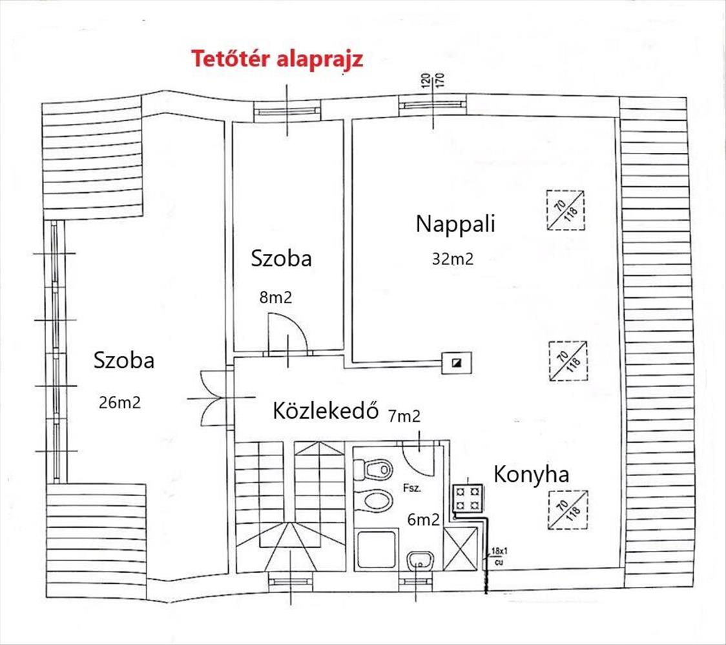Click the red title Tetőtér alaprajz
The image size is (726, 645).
[x=276, y=59]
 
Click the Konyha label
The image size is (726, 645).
[x=531, y=475]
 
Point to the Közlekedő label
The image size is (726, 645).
[x=325, y=411]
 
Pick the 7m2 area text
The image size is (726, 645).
[x=405, y=416]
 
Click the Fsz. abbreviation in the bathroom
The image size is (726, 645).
[x=411, y=488]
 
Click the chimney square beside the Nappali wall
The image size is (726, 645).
[x=457, y=362]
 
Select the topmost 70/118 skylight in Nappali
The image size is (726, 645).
[x=565, y=210]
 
